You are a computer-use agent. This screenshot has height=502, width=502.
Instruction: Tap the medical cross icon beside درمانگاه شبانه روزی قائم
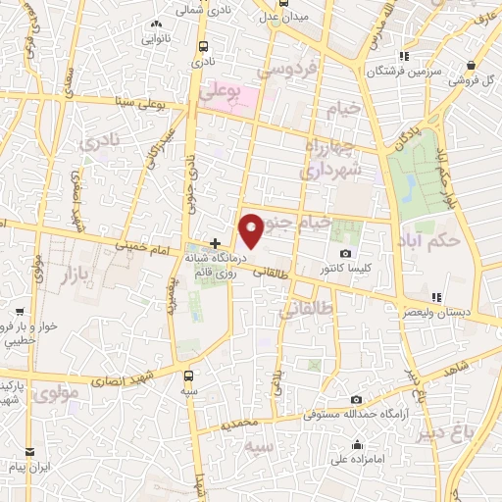pos(216,241)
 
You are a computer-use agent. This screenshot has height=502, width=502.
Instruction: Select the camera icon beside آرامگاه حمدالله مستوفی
pos(355,399)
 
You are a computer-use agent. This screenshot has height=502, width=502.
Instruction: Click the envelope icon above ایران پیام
pos(31,452)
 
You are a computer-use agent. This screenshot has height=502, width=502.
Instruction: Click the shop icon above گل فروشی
pos(473,66)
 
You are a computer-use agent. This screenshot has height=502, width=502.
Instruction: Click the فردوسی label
pos(286,71)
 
